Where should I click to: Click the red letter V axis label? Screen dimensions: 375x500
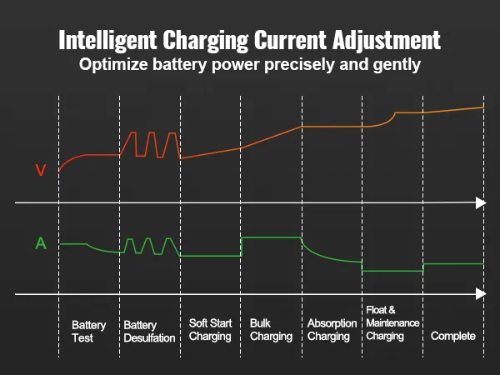pyautogui.click(x=40, y=171)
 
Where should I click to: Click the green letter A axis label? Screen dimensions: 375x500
pyautogui.click(x=40, y=244)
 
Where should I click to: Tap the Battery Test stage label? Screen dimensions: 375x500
pyautogui.click(x=88, y=331)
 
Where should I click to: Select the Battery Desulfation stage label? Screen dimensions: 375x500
pyautogui.click(x=149, y=331)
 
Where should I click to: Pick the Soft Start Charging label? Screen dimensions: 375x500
pyautogui.click(x=210, y=330)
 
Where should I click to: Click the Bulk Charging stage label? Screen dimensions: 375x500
pyautogui.click(x=271, y=330)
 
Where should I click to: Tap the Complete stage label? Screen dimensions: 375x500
pyautogui.click(x=452, y=336)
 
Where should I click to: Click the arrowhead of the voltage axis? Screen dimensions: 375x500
pyautogui.click(x=480, y=202)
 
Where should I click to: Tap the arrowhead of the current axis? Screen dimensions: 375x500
pyautogui.click(x=480, y=293)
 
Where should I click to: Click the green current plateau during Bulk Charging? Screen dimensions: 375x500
pyautogui.click(x=271, y=237)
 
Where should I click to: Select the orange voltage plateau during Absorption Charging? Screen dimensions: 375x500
pyautogui.click(x=332, y=127)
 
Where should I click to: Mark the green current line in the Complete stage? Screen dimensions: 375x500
pyautogui.click(x=452, y=264)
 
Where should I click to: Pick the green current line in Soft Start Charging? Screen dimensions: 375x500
pyautogui.click(x=210, y=256)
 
